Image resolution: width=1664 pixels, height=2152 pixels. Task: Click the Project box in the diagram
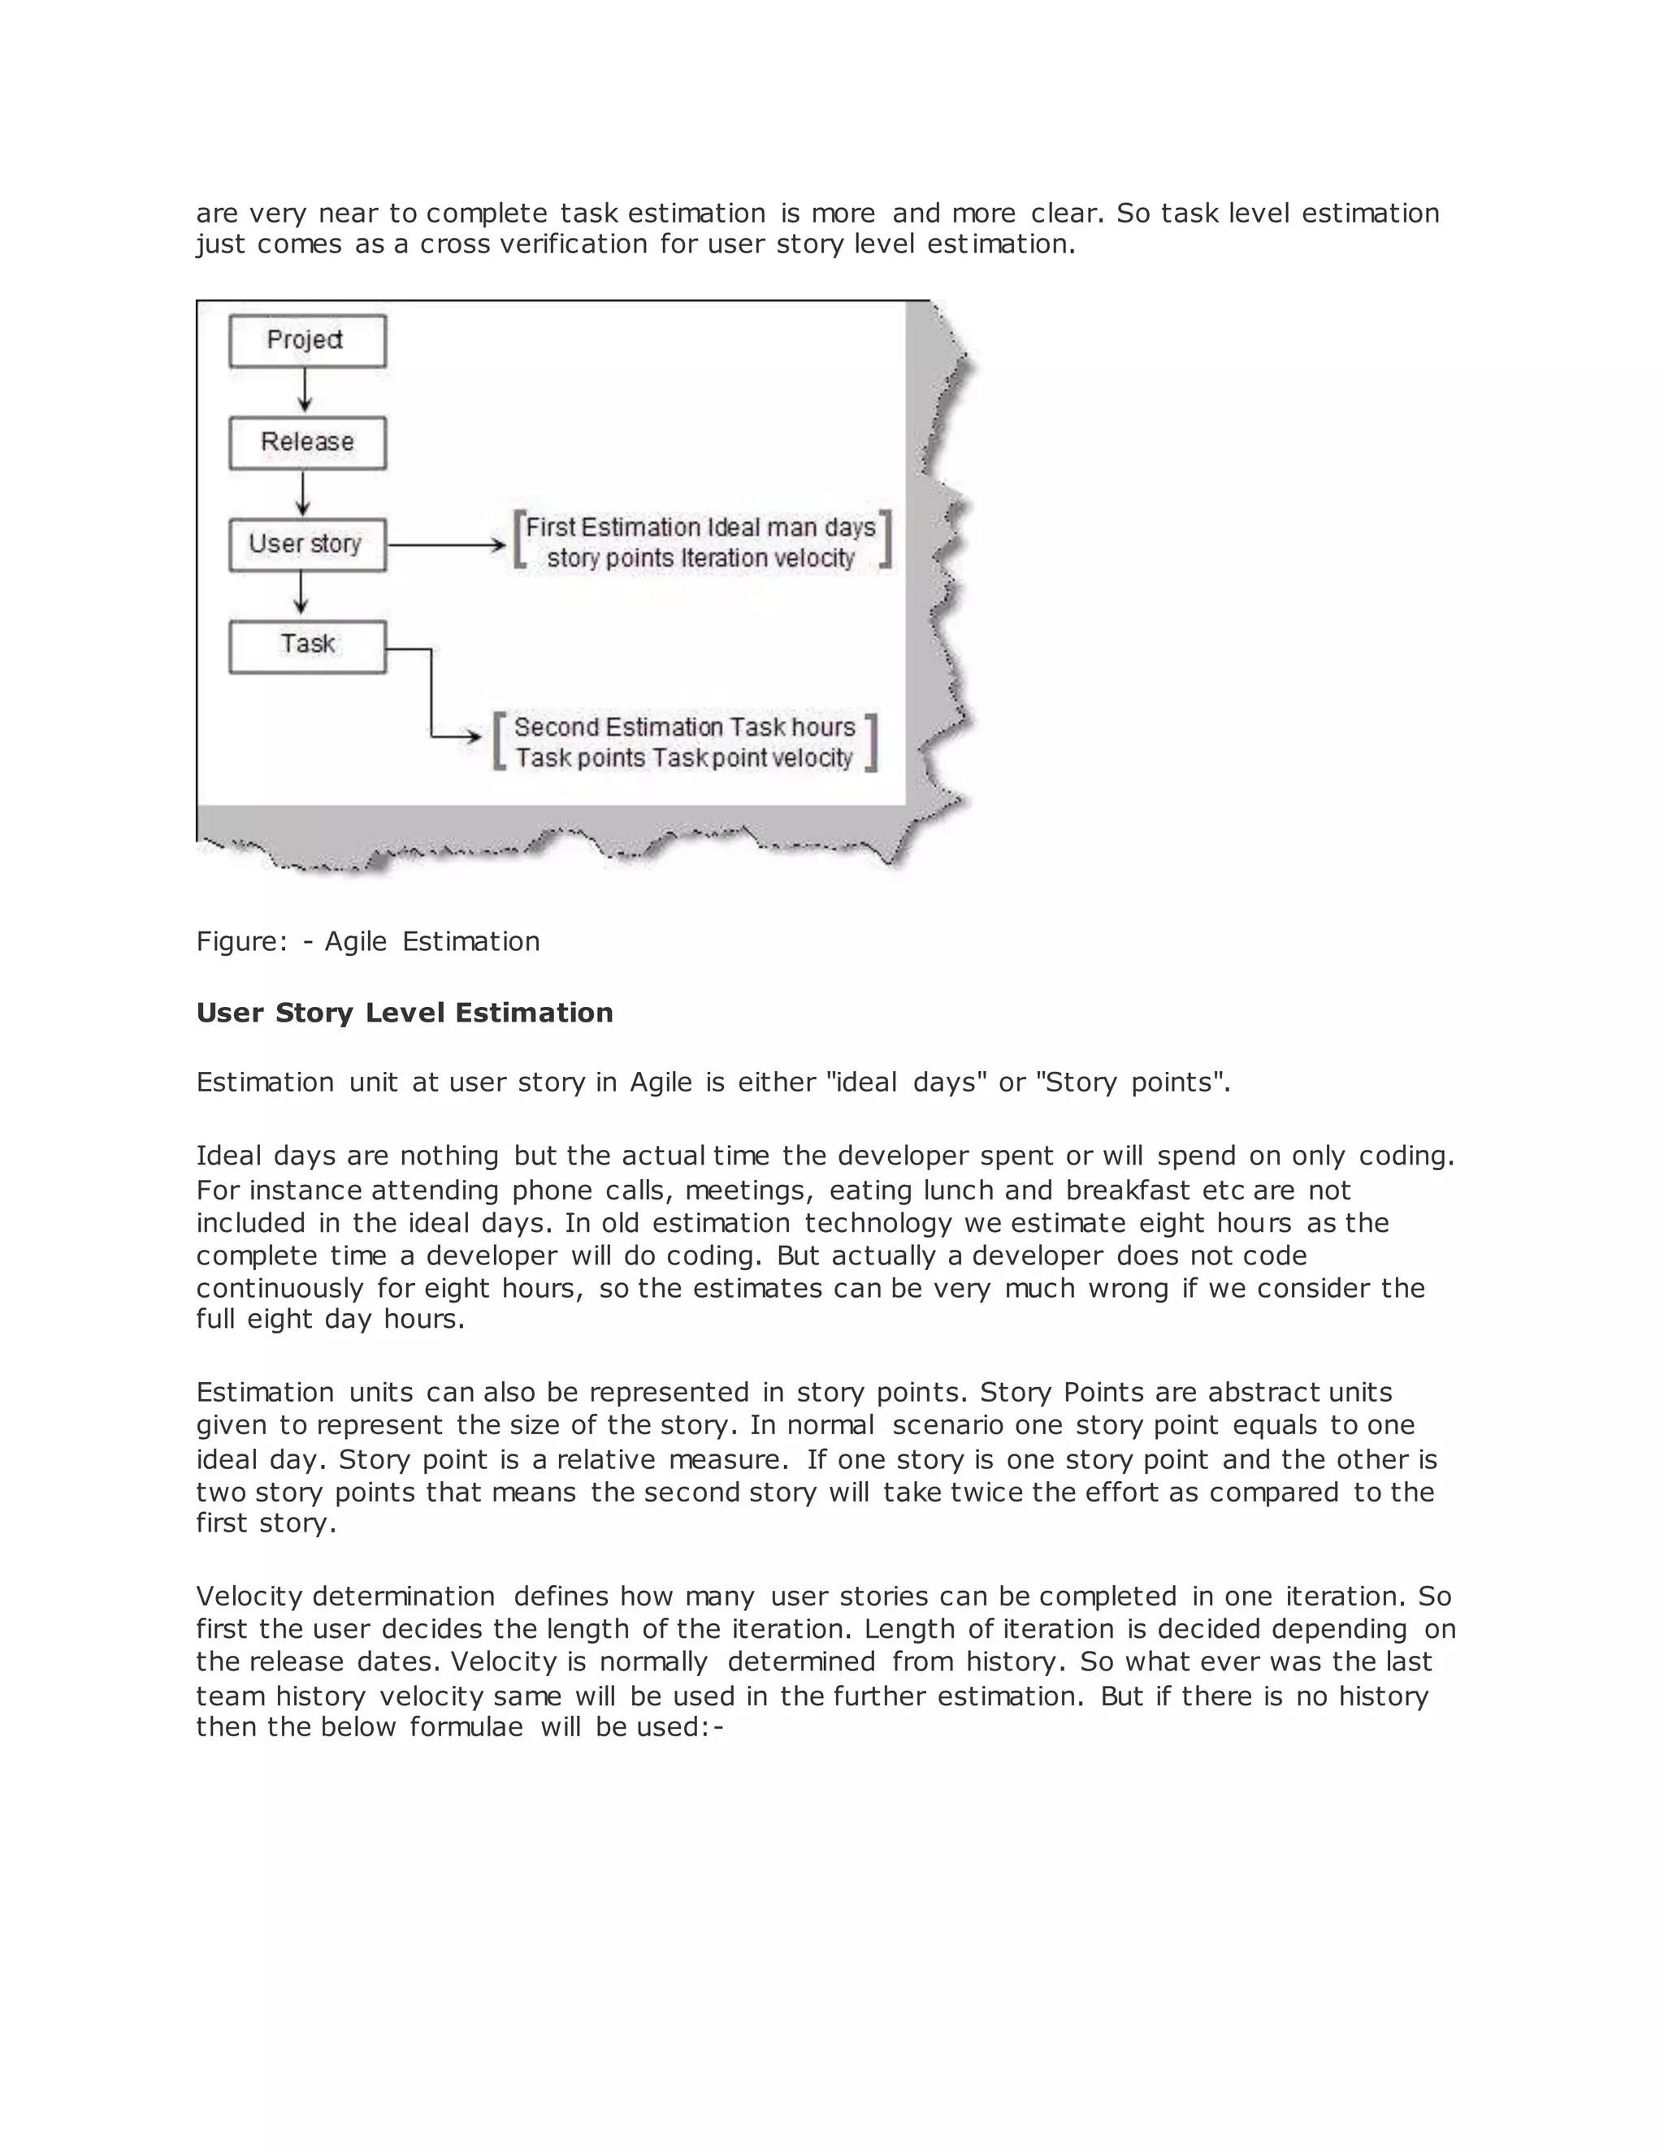[x=306, y=341]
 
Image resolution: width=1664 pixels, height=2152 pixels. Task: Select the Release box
[x=306, y=443]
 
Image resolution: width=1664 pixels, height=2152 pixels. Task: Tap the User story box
[x=306, y=545]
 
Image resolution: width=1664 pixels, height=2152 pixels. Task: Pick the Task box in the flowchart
[x=306, y=646]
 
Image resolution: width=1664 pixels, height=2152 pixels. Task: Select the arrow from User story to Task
[x=301, y=595]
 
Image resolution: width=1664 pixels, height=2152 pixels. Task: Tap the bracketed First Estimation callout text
[x=701, y=542]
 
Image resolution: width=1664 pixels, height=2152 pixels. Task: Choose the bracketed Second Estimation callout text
[x=684, y=742]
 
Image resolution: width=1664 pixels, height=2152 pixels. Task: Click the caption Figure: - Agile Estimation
[x=368, y=941]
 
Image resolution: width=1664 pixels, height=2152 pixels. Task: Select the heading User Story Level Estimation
[x=404, y=1013]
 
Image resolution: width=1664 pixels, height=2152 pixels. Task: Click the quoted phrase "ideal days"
[x=909, y=1082]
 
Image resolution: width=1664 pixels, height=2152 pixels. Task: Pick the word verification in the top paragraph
[x=574, y=244]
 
